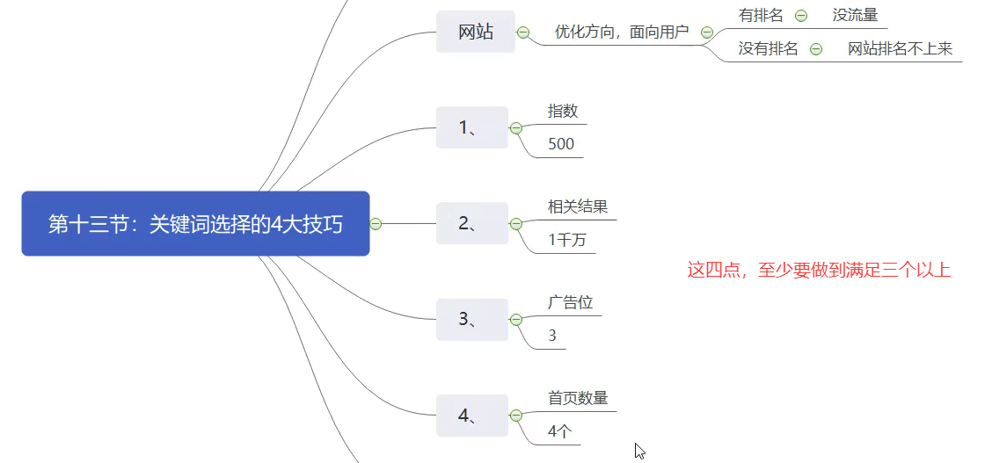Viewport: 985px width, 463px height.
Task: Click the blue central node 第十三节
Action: click(x=195, y=224)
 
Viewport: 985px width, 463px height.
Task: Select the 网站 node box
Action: click(x=476, y=32)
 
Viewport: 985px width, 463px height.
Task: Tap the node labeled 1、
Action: click(x=472, y=127)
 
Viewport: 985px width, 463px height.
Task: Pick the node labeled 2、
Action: click(x=472, y=223)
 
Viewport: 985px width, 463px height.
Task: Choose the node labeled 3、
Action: click(x=472, y=320)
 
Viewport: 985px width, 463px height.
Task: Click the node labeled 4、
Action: click(x=472, y=416)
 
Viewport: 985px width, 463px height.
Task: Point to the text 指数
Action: click(x=563, y=111)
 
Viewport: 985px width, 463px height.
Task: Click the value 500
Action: click(x=561, y=143)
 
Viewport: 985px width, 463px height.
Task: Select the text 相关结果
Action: click(x=578, y=206)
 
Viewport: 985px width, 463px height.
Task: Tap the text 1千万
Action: click(x=567, y=240)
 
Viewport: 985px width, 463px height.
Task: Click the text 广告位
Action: click(x=571, y=302)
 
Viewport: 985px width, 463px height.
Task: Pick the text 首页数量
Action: click(x=578, y=398)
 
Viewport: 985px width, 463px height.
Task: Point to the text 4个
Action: click(x=560, y=431)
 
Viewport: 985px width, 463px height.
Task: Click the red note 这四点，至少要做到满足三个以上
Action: click(x=819, y=270)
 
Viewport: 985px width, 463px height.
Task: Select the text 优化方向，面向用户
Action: click(x=621, y=33)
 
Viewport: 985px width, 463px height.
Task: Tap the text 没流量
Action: click(x=855, y=15)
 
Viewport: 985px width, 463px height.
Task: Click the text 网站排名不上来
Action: click(x=900, y=49)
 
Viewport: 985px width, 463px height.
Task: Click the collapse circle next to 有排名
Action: click(x=801, y=15)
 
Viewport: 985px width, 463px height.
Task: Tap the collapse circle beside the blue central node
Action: click(x=376, y=224)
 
